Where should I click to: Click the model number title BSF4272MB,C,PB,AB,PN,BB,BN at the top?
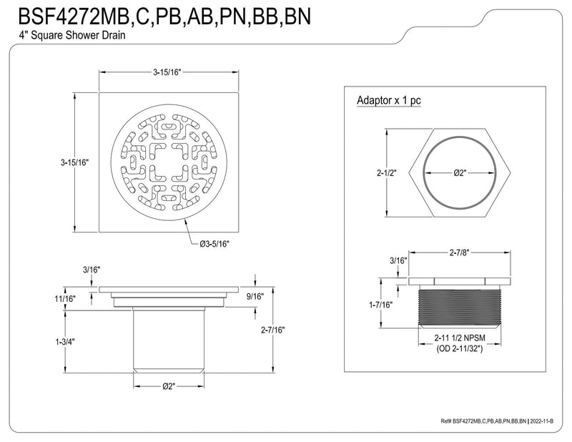point(164,16)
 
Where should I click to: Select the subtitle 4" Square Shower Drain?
point(72,36)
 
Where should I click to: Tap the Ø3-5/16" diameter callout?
point(214,244)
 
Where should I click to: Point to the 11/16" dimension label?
point(65,298)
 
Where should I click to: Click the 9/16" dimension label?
point(255,296)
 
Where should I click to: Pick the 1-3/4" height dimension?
point(65,342)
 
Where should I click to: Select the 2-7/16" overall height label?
point(273,330)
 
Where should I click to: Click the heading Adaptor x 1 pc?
point(389,100)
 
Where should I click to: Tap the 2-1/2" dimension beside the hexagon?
point(387,172)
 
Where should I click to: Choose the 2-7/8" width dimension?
point(459,252)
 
